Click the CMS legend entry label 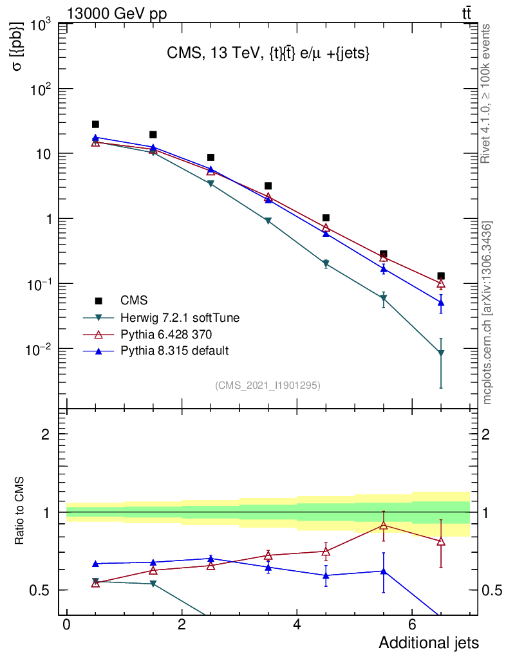[133, 301]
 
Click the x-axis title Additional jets [428, 642]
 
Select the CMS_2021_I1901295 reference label [268, 385]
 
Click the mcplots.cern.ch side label [487, 313]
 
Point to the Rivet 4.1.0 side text [487, 93]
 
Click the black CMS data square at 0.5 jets [95, 124]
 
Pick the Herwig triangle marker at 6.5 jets [441, 353]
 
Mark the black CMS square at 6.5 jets [441, 275]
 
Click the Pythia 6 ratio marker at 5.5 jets [384, 526]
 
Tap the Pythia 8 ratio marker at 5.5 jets [384, 571]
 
